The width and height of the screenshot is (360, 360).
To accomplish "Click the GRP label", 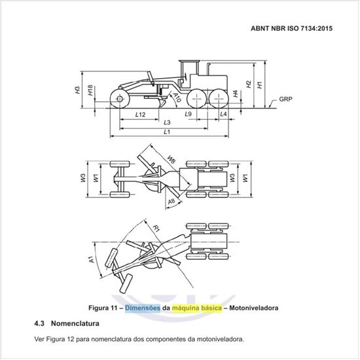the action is click(x=285, y=99).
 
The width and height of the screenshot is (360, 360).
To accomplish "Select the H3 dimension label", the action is click(x=78, y=90).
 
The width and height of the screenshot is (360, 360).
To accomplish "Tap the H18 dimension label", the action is click(x=90, y=90).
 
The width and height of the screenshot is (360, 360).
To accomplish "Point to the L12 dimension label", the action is click(x=140, y=115).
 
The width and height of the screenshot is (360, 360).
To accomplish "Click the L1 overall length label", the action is click(x=167, y=132).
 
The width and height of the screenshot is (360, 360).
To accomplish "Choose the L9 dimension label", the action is click(x=188, y=114).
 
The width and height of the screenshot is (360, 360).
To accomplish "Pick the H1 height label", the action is click(x=259, y=84).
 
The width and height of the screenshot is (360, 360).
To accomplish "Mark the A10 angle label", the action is click(x=177, y=98).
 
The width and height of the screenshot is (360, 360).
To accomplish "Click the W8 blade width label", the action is click(x=171, y=159).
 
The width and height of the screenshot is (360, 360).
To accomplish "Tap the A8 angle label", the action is click(x=171, y=202).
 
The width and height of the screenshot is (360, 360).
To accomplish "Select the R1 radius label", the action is click(x=156, y=228).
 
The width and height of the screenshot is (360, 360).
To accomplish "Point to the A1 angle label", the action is click(x=92, y=259).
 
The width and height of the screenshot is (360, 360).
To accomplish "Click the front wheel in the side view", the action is click(x=120, y=99).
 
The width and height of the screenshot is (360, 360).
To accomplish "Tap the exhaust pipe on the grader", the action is click(x=209, y=69).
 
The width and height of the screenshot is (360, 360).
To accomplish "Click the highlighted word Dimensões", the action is click(x=143, y=308).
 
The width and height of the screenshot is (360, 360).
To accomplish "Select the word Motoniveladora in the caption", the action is click(x=254, y=308).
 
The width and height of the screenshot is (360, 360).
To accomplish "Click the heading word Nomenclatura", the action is click(x=75, y=323).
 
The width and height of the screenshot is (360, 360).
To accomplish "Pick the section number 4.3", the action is click(x=39, y=323).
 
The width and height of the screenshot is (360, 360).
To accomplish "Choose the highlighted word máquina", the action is click(x=185, y=308).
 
